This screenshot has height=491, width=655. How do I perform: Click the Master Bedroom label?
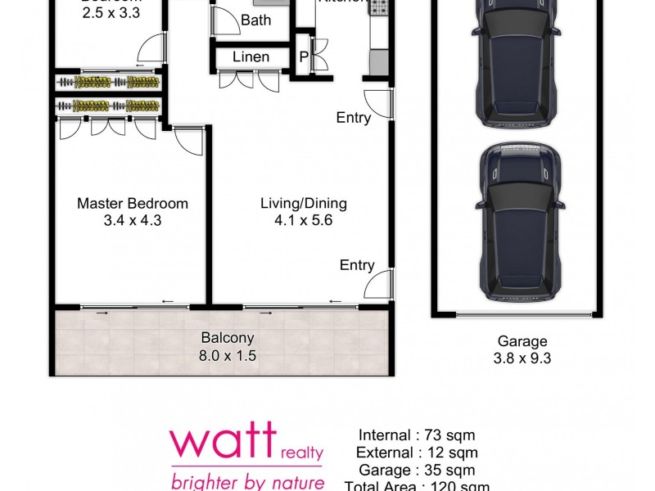pyautogui.click(x=132, y=204)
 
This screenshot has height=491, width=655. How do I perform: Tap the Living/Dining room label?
pyautogui.click(x=304, y=204)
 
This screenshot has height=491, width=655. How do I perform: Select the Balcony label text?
pyautogui.click(x=228, y=338)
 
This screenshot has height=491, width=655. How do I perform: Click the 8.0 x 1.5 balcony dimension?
pyautogui.click(x=228, y=355)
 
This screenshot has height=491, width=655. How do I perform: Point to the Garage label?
pyautogui.click(x=522, y=341)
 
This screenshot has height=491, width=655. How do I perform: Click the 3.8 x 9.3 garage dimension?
pyautogui.click(x=522, y=358)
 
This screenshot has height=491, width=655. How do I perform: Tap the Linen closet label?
pyautogui.click(x=251, y=57)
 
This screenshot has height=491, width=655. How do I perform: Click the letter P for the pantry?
pyautogui.click(x=304, y=57)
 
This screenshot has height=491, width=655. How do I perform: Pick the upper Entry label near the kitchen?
pyautogui.click(x=354, y=118)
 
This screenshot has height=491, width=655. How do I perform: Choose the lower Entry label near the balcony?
pyautogui.click(x=357, y=265)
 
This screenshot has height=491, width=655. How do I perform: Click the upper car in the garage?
pyautogui.click(x=517, y=61)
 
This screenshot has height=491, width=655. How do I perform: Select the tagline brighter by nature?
pyautogui.click(x=246, y=480)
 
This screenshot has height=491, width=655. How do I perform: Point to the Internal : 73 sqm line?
pyautogui.click(x=417, y=435)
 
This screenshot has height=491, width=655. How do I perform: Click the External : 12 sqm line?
pyautogui.click(x=417, y=453)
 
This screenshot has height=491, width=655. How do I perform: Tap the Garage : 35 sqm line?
pyautogui.click(x=417, y=470)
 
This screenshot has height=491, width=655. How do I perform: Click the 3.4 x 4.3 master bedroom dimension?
pyautogui.click(x=132, y=220)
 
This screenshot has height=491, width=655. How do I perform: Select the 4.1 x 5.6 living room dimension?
pyautogui.click(x=304, y=220)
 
